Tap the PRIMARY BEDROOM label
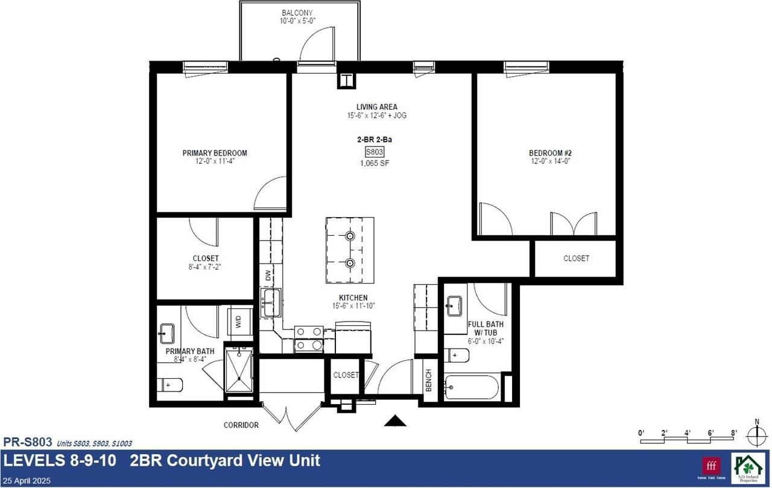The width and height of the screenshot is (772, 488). click(215, 153)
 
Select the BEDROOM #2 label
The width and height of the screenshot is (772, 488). click(549, 153)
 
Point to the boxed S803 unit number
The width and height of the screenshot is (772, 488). click(375, 152)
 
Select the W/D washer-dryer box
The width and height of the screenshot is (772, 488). click(238, 322)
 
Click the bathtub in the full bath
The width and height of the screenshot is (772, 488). click(473, 387)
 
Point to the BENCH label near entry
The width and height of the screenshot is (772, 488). click(429, 381)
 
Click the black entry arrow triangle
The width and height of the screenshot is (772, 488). click(395, 421)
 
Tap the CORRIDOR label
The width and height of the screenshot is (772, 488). click(241, 425)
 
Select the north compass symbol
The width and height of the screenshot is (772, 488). click(756, 434)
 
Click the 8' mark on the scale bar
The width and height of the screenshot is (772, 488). click(734, 433)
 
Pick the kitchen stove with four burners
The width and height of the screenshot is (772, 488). click(308, 338)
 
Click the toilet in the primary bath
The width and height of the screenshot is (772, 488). click(171, 384)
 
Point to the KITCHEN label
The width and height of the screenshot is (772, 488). click(353, 298)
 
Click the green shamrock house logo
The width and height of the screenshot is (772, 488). click(747, 467)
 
